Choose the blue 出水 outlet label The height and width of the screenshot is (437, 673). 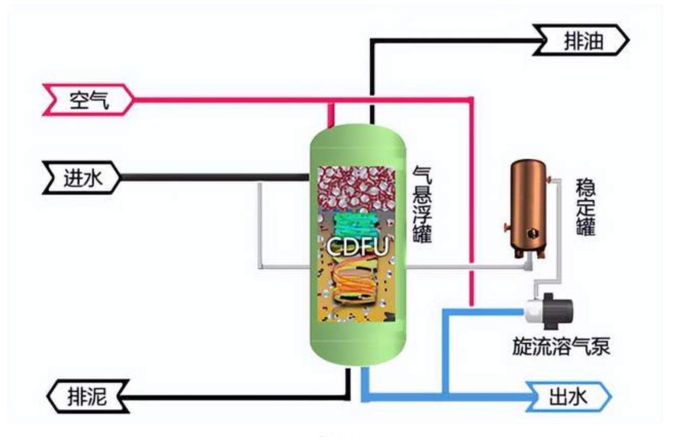pyautogui.click(x=566, y=397)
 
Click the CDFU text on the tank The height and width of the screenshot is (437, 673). pyautogui.click(x=358, y=247)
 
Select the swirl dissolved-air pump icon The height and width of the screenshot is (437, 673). pyautogui.click(x=550, y=309)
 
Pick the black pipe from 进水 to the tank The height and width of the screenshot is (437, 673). pyautogui.click(x=213, y=177)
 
